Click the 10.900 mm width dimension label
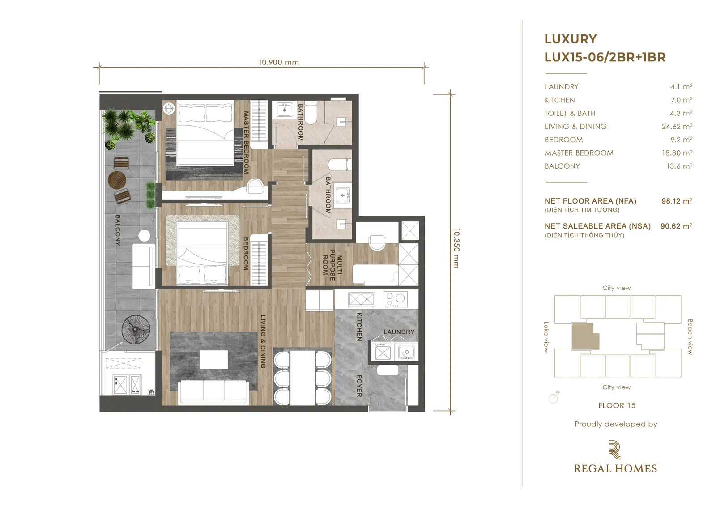(x=278, y=62)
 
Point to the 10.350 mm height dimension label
(x=456, y=248)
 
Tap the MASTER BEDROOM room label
(x=246, y=142)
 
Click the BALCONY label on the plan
(x=118, y=230)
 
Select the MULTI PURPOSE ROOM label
(x=332, y=265)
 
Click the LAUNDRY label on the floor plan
(x=399, y=332)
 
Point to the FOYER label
(x=359, y=386)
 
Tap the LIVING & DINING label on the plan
(x=263, y=341)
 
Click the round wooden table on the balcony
(x=117, y=180)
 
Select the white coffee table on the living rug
(x=214, y=360)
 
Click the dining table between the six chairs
(x=303, y=378)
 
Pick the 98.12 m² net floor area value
(x=677, y=201)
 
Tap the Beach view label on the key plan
(x=690, y=336)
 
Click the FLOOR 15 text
(x=617, y=405)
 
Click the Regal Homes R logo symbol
(x=614, y=450)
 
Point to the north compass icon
(x=553, y=398)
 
